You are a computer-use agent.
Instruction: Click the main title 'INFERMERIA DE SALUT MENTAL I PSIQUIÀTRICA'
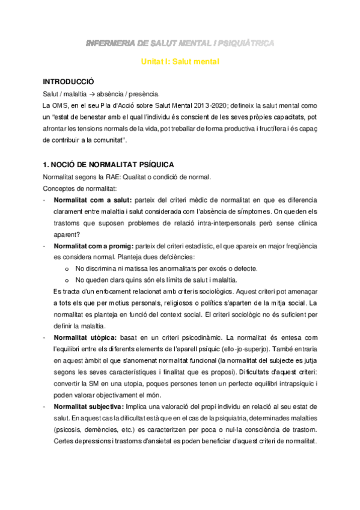180,43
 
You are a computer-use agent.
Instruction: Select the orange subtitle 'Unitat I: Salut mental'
180,61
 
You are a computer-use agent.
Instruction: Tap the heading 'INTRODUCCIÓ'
68,81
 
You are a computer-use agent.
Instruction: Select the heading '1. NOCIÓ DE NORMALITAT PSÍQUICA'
109,164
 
